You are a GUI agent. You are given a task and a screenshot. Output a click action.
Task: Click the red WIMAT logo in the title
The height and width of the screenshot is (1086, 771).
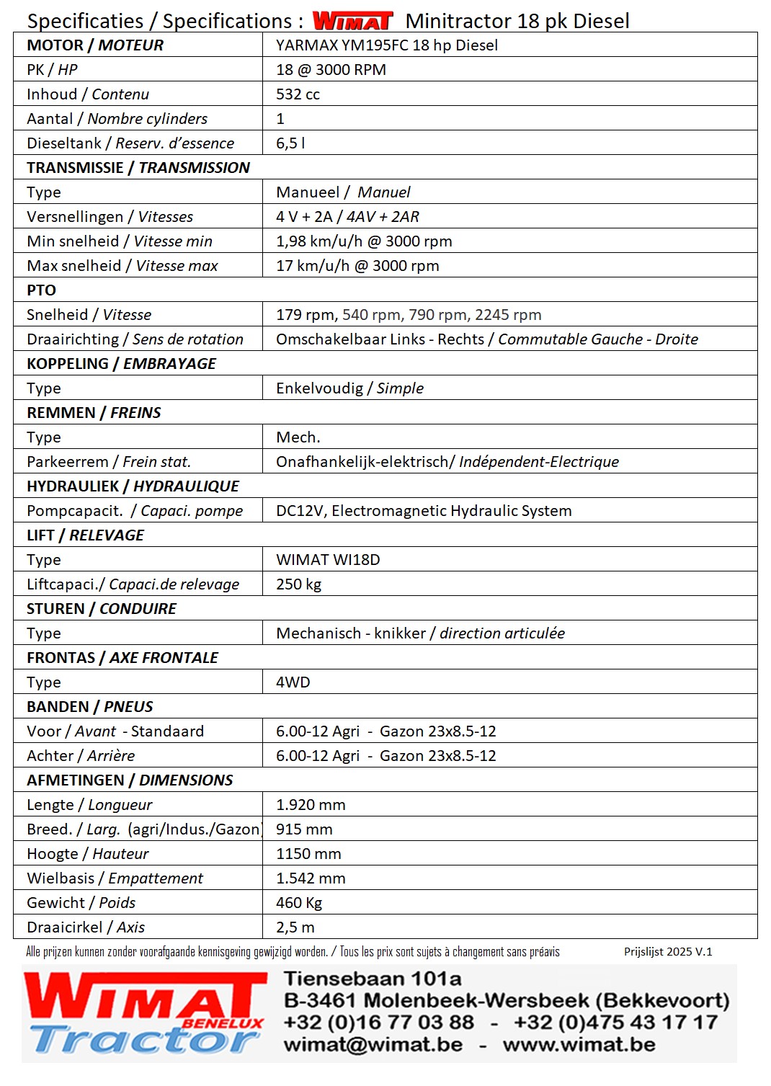[x=352, y=21]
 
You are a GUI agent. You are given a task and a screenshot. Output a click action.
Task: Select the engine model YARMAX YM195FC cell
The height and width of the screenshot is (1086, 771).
[x=387, y=45]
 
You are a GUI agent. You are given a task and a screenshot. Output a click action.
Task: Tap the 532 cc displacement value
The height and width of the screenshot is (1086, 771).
[x=298, y=94]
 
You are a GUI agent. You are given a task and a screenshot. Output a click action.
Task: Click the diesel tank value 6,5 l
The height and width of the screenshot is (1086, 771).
[x=290, y=143]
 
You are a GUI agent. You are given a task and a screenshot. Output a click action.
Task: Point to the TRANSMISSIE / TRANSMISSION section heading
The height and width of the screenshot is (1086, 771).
[x=138, y=168]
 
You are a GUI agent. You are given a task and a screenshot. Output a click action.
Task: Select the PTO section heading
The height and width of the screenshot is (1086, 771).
[x=41, y=290]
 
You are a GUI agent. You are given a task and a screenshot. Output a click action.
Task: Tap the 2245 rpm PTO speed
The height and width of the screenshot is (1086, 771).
[x=508, y=315]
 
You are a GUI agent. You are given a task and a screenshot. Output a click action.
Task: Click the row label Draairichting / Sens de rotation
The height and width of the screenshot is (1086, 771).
[x=135, y=339]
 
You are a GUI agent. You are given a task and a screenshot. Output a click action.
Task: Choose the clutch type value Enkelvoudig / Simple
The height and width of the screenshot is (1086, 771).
[x=349, y=388]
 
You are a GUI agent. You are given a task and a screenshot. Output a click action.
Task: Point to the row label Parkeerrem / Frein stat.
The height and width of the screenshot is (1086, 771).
[x=109, y=462]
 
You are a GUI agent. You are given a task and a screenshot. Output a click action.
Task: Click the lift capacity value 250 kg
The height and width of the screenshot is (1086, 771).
[x=298, y=584]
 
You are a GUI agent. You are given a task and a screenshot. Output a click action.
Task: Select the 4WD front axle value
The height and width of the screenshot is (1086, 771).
[x=293, y=682]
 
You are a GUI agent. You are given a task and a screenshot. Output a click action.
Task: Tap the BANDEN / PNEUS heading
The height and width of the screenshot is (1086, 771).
[x=90, y=707]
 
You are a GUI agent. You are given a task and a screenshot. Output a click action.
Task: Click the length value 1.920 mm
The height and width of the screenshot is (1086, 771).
[x=311, y=805]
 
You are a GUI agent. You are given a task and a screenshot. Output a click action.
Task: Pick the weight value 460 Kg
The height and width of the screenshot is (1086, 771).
[x=299, y=903]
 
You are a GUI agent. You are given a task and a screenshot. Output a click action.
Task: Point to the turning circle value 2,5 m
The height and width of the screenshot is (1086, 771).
[x=295, y=927]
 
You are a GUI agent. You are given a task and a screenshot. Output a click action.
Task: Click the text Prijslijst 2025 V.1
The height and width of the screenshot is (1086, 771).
[x=668, y=951]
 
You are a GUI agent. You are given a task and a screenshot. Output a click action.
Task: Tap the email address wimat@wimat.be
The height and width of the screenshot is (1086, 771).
[x=373, y=1044]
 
